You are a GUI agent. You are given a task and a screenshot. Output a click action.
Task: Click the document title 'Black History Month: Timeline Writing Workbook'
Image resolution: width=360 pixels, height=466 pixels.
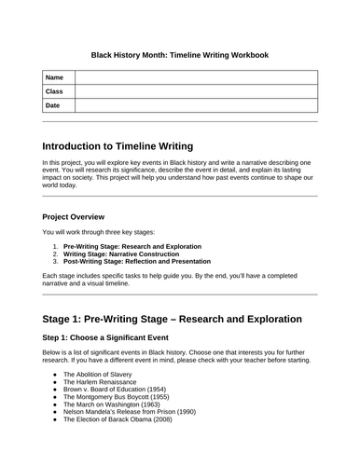point(179,55)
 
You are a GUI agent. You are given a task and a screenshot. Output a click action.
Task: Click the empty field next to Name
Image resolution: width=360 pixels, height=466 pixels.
point(196,77)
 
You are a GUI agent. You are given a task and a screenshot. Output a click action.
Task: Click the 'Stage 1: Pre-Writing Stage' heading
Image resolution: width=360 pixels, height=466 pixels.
point(172,319)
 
